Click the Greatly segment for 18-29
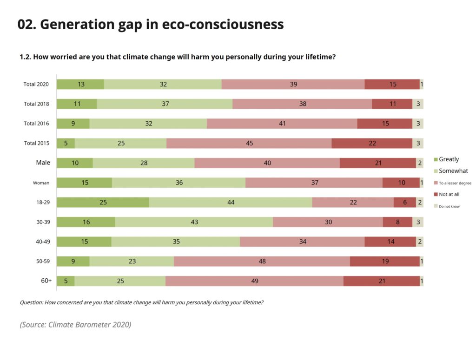pyautogui.click(x=103, y=203)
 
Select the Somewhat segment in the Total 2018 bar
pyautogui.click(x=165, y=104)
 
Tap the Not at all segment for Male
pyautogui.click(x=377, y=163)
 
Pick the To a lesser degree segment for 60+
pyautogui.click(x=254, y=281)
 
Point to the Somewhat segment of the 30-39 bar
pyautogui.click(x=194, y=222)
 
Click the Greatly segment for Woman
pyautogui.click(x=84, y=183)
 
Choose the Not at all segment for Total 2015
pyautogui.click(x=372, y=143)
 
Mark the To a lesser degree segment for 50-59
pyautogui.click(x=262, y=262)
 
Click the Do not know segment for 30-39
pyautogui.click(x=418, y=222)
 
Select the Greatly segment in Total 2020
pyautogui.click(x=80, y=84)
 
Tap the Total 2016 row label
pyautogui.click(x=36, y=124)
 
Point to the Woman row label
pyautogui.click(x=41, y=183)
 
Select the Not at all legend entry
pyautogui.click(x=449, y=194)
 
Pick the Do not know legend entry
pyautogui.click(x=449, y=206)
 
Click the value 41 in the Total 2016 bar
pyautogui.click(x=282, y=124)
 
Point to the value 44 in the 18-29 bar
pyautogui.click(x=231, y=203)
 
